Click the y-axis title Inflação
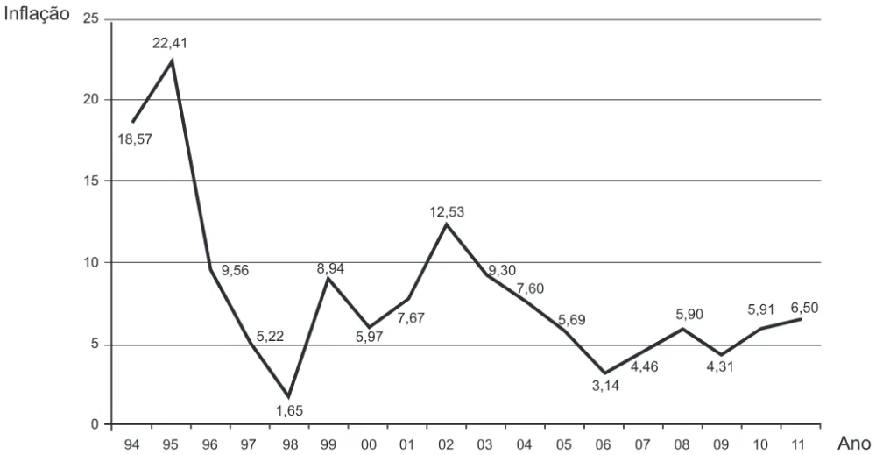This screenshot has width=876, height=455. (37, 13)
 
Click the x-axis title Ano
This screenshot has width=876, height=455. (854, 444)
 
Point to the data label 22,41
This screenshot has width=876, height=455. (170, 43)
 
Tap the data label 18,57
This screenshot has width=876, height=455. (135, 139)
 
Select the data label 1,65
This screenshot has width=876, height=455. (289, 411)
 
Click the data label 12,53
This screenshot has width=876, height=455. (447, 212)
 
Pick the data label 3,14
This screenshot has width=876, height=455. (605, 386)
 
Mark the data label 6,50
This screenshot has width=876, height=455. (804, 308)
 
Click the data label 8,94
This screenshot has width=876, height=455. (331, 268)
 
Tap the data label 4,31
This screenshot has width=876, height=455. (719, 367)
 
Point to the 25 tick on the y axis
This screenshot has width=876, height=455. (90, 19)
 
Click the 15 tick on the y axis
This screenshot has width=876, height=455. (90, 181)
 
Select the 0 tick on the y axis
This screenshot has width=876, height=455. (95, 424)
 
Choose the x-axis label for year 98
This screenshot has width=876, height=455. (289, 445)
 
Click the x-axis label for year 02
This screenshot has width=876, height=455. (447, 445)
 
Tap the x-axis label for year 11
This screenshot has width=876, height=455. (800, 445)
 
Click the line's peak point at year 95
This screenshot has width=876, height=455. (172, 60)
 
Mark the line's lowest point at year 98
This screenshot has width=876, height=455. (289, 396)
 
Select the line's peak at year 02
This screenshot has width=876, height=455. (446, 224)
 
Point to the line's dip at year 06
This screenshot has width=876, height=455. (604, 373)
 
